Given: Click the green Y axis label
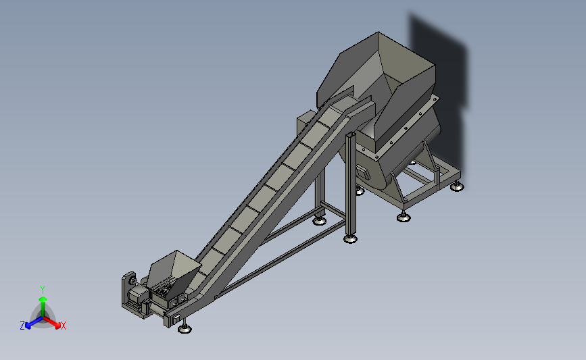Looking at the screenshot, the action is click(x=43, y=290).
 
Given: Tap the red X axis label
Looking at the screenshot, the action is click(x=63, y=326).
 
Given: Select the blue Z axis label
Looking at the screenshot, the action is click(x=22, y=326).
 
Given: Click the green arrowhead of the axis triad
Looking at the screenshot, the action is click(x=43, y=299).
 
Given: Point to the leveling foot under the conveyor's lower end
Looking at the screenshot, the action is click(x=185, y=329).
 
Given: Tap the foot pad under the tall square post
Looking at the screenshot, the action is click(x=350, y=238).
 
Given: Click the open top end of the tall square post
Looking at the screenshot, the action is click(x=351, y=134).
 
